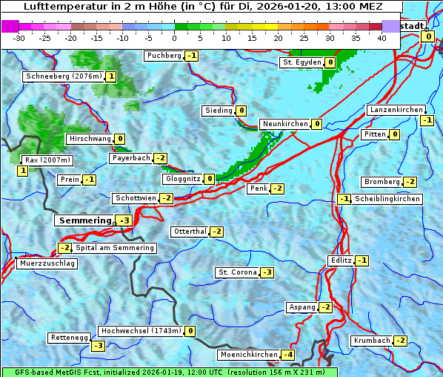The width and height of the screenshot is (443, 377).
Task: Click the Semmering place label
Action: click(84, 220)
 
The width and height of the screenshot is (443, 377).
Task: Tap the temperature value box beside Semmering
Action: click(124, 220)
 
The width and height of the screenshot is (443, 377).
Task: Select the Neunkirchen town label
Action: click(284, 124)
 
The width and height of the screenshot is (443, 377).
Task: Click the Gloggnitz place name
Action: click(181, 179)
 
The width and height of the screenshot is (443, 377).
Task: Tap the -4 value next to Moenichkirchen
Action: click(288, 355)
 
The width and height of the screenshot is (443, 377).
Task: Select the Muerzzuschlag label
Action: click(47, 263)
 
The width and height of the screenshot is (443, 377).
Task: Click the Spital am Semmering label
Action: click(114, 248)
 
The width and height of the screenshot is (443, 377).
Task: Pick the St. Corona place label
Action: click(237, 272)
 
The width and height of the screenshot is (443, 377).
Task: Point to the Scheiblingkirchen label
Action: click(387, 199)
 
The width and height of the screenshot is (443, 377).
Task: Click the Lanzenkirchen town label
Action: click(396, 110)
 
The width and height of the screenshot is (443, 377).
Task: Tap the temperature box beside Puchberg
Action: click(192, 56)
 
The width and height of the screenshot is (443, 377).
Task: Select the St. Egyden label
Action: click(301, 62)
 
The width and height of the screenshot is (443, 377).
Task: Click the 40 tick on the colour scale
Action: click(382, 38)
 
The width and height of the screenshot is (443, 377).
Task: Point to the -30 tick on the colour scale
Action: click(19, 38)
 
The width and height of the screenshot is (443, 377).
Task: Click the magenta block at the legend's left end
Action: click(10, 26)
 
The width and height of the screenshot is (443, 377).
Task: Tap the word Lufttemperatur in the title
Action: click(61, 7)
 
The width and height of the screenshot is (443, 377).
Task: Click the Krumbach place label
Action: click(372, 341)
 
